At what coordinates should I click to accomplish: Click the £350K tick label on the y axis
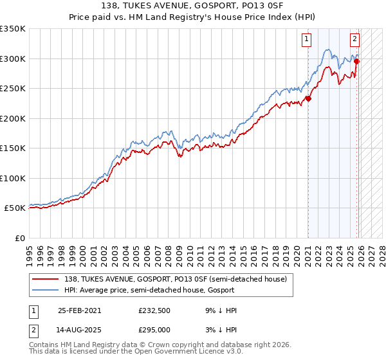click(x=13, y=29)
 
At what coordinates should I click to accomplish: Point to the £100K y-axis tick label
click(x=13, y=178)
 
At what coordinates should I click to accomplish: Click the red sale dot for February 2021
click(x=308, y=98)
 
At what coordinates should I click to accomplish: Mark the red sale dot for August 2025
click(x=356, y=62)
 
